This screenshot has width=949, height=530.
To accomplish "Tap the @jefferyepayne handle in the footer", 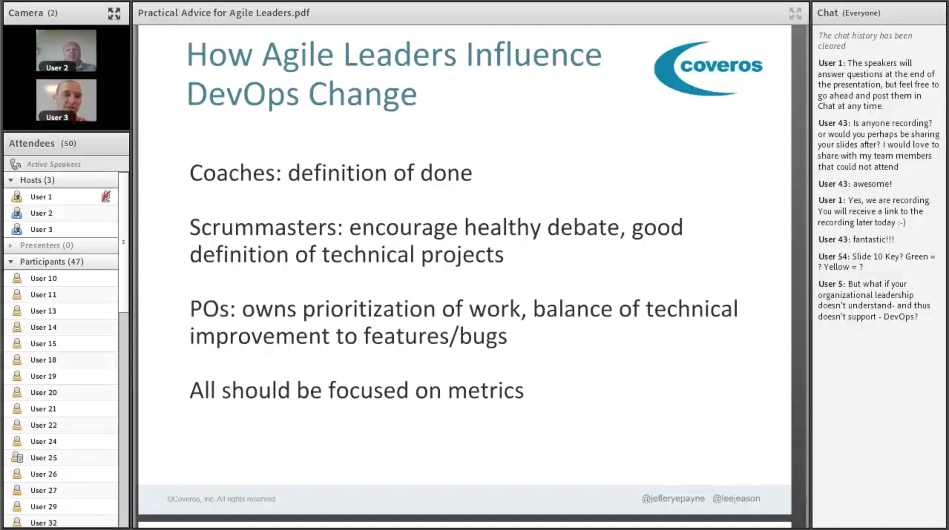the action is [673, 498].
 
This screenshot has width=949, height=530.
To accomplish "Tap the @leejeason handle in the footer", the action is [736, 498].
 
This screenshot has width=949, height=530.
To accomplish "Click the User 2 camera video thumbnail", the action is [66, 51].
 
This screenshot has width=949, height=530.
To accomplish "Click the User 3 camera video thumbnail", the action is [66, 100].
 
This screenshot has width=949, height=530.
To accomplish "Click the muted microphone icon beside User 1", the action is [106, 196].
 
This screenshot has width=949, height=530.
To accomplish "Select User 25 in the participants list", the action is [43, 458].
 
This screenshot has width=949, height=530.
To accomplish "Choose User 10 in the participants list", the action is [43, 278].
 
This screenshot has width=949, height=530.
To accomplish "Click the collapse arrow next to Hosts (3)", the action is [11, 180].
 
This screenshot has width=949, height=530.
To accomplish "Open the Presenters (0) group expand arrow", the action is [10, 245].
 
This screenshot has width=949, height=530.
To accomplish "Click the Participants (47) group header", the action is [52, 262].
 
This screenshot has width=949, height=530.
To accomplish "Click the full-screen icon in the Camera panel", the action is [114, 13].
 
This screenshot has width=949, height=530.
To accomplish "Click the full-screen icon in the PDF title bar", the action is [795, 13].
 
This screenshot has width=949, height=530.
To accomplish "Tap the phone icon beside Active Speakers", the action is [15, 164].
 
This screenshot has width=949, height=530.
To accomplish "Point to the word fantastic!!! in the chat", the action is [873, 239].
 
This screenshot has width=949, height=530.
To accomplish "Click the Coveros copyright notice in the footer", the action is [221, 499].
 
